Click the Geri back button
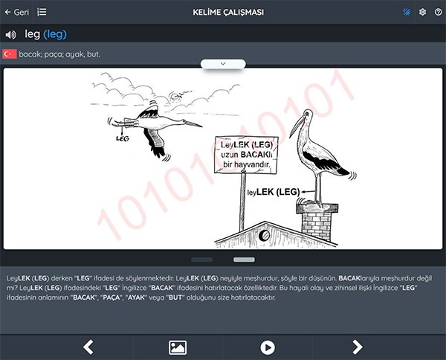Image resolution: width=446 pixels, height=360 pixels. point(17,12)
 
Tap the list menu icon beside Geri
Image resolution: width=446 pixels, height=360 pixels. point(42,12)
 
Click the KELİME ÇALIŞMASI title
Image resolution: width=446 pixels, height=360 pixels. point(228,13)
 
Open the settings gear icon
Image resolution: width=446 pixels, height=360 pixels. point(422,12)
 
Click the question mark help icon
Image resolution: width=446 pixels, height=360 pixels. point(439,12)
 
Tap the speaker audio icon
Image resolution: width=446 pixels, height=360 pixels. point(11,35)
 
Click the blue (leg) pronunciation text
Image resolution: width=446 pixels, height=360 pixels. point(55,34)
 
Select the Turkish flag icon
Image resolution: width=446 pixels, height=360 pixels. point(10,54)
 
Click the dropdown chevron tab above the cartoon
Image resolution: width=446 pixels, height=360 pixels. point(223,64)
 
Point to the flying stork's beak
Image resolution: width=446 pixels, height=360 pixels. point(193,123)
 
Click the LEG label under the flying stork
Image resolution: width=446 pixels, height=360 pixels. point(123,138)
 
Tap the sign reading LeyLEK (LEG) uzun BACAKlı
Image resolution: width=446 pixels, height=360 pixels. point(246,155)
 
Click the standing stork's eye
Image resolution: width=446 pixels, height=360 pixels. point(306,114)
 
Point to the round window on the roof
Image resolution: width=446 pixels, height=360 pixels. point(265,235)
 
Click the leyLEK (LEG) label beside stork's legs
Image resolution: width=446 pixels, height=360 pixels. point(274,192)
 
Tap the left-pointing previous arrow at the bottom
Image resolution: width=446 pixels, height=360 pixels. point(88,347)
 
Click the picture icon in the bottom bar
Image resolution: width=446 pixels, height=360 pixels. point(178,347)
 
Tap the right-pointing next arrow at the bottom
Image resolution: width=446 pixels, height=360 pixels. point(358,347)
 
